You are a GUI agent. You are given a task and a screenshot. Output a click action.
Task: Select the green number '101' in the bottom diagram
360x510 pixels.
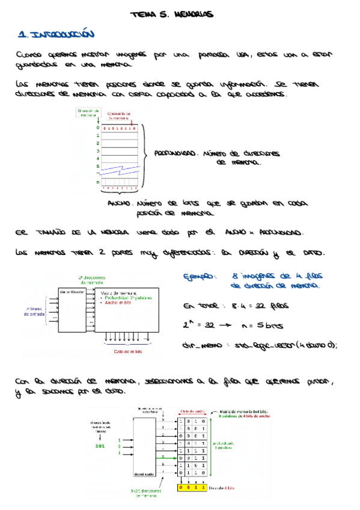tap(100, 446)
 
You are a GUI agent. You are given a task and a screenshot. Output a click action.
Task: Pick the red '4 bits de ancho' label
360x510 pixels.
tap(194, 411)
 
